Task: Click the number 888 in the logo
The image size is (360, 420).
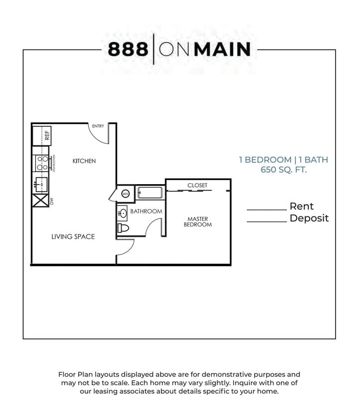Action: click(128, 49)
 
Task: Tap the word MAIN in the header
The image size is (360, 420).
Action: click(223, 49)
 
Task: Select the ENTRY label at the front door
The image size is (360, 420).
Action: click(98, 126)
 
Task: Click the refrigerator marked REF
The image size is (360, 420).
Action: click(42, 135)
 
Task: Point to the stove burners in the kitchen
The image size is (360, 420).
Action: click(41, 163)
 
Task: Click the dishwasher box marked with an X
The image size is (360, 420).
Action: click(39, 202)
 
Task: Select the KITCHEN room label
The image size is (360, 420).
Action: click(84, 161)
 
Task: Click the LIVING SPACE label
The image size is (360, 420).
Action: click(73, 237)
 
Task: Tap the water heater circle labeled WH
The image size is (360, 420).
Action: click(125, 194)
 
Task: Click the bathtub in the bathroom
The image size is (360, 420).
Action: click(150, 193)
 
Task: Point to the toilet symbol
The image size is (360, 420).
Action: click(123, 228)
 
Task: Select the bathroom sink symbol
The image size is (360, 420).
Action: click(122, 213)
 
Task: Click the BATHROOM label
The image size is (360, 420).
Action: click(146, 211)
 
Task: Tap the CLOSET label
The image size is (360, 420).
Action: click(197, 186)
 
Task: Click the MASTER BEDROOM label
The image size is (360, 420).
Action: click(198, 222)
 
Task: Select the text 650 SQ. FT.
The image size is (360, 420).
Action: click(284, 170)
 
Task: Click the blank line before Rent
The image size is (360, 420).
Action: click(267, 210)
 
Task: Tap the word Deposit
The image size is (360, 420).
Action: click(309, 218)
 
